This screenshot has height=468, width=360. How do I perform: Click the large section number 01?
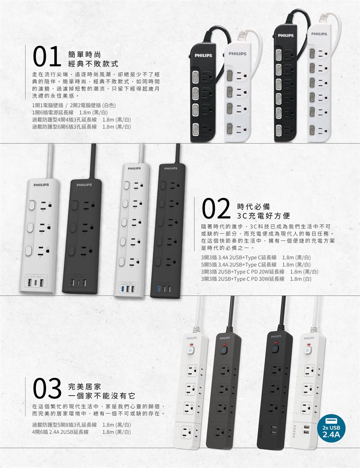47,56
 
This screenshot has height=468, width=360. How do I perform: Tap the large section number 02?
216,208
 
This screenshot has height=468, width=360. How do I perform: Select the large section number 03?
47,388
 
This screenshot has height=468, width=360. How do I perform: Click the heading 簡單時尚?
85,55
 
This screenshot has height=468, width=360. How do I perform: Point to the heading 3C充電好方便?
264,216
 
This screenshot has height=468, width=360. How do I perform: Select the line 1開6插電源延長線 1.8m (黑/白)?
70,112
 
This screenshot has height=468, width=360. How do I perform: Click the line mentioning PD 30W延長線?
256,279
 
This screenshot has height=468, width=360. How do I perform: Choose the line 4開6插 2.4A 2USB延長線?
81,432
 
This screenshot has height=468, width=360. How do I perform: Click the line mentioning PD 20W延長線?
260,272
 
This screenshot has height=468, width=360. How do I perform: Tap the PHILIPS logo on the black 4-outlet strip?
203,55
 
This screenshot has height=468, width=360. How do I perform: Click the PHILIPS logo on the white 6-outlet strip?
319,34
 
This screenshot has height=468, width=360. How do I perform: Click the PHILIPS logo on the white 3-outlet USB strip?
41,185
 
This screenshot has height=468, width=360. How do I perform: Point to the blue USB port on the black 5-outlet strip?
159,288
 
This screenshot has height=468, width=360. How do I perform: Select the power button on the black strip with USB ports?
275,349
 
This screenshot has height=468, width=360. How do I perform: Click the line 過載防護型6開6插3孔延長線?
81,127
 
